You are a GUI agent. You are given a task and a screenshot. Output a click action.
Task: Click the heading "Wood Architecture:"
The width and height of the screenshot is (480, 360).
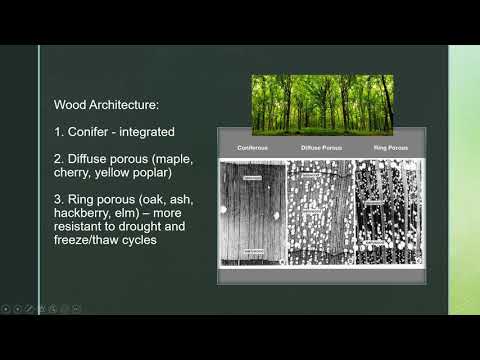point(113,104)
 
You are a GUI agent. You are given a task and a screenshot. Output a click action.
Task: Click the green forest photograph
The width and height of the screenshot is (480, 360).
point(322,104)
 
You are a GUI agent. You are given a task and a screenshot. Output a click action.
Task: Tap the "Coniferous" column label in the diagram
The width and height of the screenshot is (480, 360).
point(252,148)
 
